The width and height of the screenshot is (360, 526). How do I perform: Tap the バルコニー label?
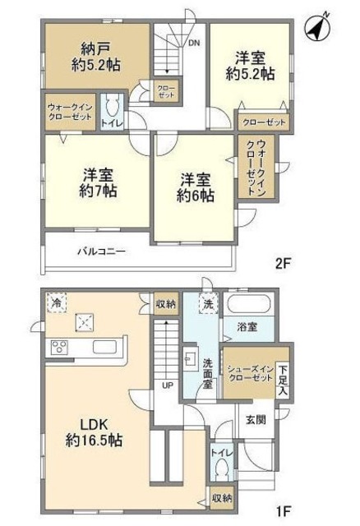(x=102, y=251)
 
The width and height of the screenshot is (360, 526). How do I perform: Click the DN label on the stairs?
(x=194, y=42)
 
